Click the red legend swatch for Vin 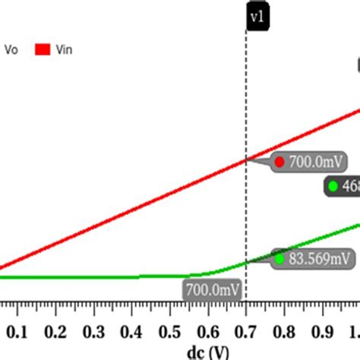click(x=43, y=50)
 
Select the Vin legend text click(x=64, y=50)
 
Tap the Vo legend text click(x=13, y=50)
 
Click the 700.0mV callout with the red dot click(x=308, y=162)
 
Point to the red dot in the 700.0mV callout click(x=279, y=162)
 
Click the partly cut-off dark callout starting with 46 click(x=342, y=186)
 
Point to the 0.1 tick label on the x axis click(x=17, y=332)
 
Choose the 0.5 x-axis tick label click(x=169, y=332)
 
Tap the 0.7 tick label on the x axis click(x=245, y=332)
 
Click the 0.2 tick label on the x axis click(x=55, y=332)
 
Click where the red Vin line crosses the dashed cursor click(x=246, y=159)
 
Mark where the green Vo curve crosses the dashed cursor click(x=246, y=263)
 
